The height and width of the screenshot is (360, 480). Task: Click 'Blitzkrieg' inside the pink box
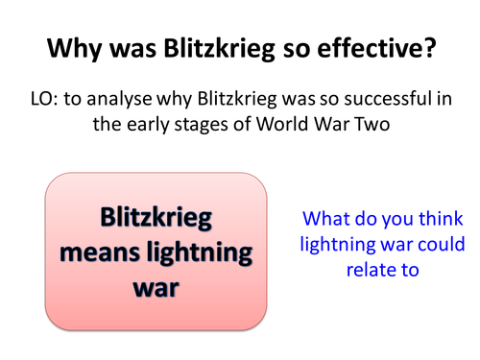coord(156,221)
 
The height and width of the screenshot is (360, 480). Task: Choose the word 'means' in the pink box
coord(103,255)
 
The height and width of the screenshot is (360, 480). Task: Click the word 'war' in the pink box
coord(156,289)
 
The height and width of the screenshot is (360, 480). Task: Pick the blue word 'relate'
coord(372,270)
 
